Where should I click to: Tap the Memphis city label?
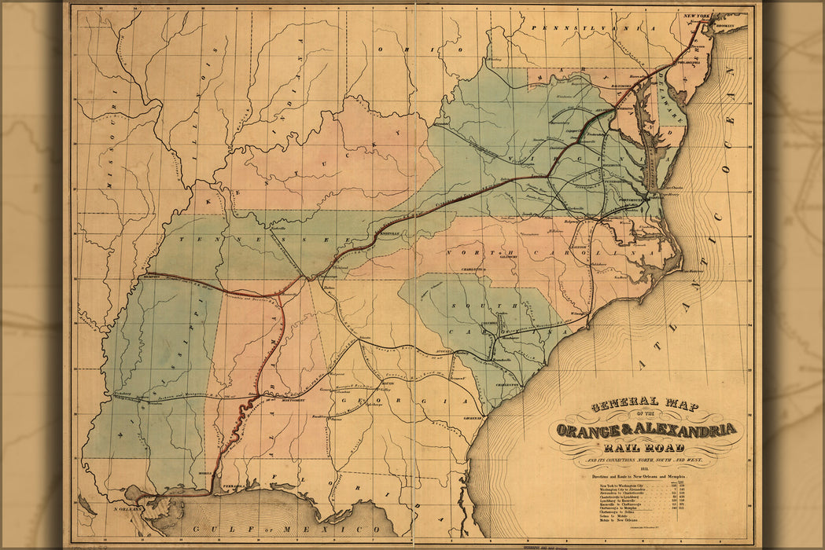(153, 276)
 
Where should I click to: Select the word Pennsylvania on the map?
(581, 27)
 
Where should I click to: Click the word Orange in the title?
(586, 430)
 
